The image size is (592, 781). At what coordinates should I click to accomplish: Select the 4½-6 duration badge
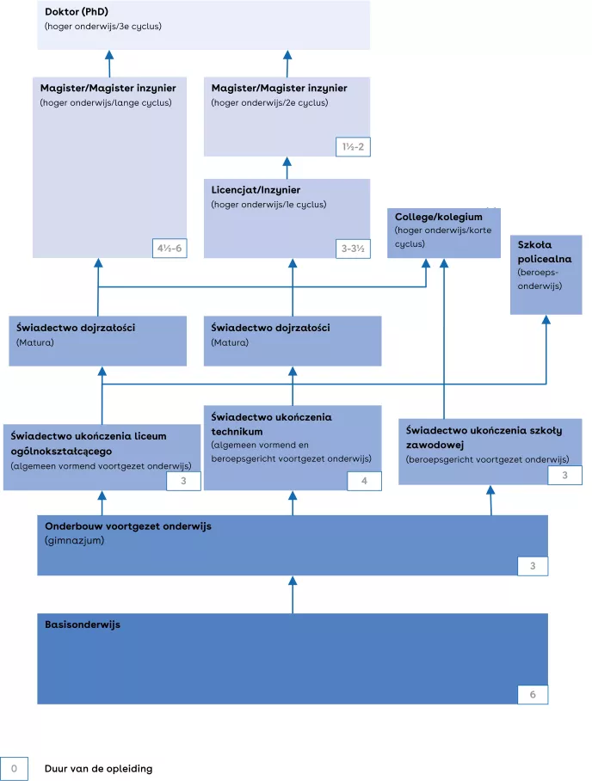point(169,249)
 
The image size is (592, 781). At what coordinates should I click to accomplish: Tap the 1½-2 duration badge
point(353,147)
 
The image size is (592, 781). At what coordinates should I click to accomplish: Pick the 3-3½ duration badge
point(353,249)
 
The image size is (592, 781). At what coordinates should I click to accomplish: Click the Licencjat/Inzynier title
point(256,189)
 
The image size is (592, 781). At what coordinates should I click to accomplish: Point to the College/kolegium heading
point(439,217)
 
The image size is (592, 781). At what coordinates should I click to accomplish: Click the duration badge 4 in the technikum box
point(364,481)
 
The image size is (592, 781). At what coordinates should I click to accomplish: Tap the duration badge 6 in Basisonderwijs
point(532,694)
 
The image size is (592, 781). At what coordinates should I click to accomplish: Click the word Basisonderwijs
point(83,624)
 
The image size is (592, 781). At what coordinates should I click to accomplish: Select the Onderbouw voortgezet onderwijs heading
point(127,526)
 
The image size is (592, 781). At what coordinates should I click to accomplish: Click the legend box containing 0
point(14,768)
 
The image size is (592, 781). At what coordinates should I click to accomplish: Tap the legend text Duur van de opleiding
point(98,768)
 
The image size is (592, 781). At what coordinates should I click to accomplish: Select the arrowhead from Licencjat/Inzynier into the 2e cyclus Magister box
point(287,163)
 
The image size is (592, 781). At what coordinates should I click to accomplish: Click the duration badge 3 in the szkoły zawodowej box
point(564,475)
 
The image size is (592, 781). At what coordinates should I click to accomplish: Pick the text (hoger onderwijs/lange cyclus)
point(106,103)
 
